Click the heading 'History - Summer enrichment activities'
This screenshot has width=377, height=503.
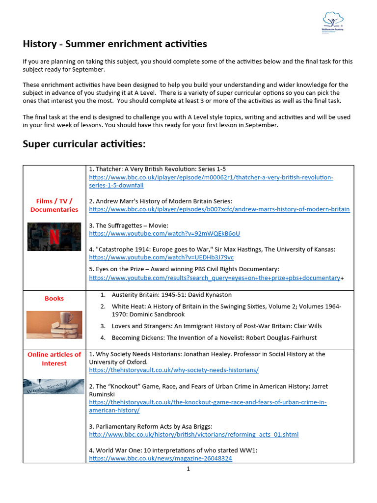tap(115, 44)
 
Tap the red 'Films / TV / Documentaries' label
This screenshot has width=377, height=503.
tap(54, 205)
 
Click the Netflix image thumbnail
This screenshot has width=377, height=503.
tap(54, 236)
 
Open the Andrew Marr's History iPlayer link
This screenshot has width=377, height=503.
tap(219, 209)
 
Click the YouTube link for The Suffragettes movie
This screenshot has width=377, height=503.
tap(164, 233)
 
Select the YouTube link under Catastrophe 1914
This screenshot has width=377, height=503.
tap(161, 257)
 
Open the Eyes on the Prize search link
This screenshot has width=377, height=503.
tap(215, 278)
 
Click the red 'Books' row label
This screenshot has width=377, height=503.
tap(54, 298)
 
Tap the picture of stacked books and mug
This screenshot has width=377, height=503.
tap(54, 325)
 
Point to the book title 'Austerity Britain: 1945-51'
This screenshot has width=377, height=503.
tap(164, 295)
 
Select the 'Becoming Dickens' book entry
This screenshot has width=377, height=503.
tap(214, 338)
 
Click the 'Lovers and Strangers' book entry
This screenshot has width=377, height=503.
tap(216, 326)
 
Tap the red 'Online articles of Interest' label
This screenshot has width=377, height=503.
tap(54, 359)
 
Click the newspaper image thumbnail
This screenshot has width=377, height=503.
tap(54, 387)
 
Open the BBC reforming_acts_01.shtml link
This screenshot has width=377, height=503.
tap(193, 435)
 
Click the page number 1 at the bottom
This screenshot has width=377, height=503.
tap(188, 469)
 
